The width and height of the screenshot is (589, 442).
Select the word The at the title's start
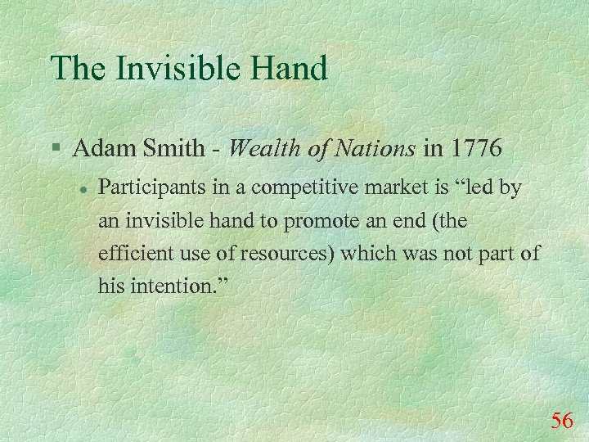click(76, 68)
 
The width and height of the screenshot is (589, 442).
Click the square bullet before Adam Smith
click(54, 150)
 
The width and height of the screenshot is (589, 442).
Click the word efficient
click(130, 253)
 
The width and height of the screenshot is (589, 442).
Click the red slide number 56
click(562, 421)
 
